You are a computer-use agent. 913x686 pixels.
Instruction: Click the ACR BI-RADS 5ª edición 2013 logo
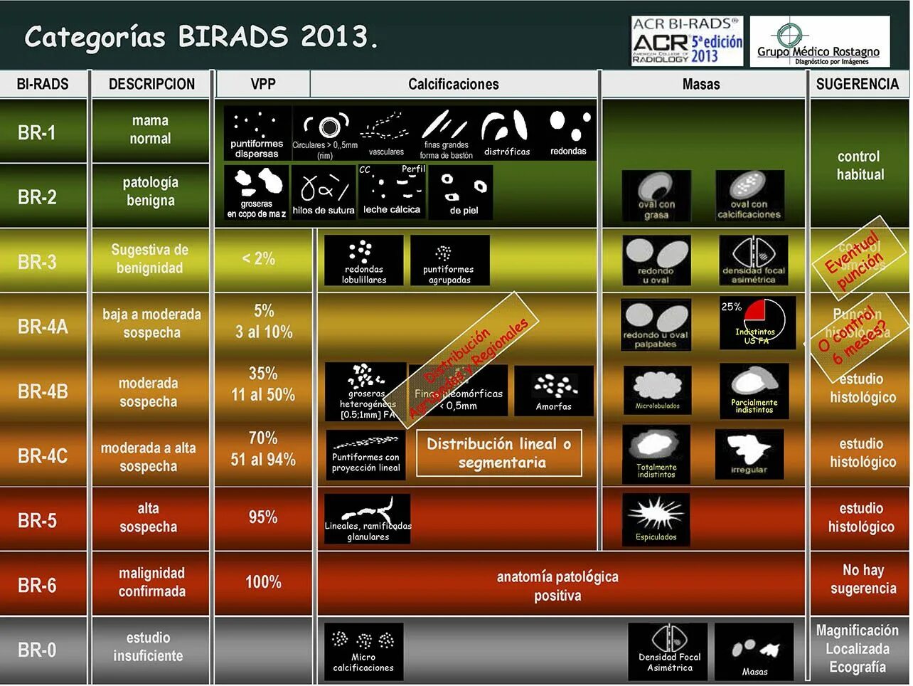click(687, 41)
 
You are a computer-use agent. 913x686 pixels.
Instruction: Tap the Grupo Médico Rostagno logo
click(819, 42)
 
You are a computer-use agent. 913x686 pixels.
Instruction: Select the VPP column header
click(262, 84)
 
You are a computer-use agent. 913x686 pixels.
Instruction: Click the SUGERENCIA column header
click(858, 84)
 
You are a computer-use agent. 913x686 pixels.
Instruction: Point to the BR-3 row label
click(37, 262)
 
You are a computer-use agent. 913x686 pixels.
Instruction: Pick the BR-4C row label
click(43, 455)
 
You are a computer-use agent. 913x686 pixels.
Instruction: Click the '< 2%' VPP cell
click(258, 258)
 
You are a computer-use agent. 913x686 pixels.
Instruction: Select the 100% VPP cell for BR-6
click(263, 582)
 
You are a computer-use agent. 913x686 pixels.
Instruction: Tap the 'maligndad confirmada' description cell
click(151, 582)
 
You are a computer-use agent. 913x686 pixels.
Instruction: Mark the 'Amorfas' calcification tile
click(554, 391)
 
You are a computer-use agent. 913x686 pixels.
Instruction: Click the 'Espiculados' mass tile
click(656, 519)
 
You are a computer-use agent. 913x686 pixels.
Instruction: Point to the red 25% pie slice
click(754, 310)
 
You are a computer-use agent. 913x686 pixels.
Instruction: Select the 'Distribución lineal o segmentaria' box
click(498, 453)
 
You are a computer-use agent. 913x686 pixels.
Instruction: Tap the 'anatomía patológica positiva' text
click(557, 586)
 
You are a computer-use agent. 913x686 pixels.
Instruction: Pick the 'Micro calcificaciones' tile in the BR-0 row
click(363, 650)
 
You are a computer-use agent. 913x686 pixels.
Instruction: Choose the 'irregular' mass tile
click(749, 453)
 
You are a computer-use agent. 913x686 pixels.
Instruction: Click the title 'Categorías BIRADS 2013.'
click(201, 37)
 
